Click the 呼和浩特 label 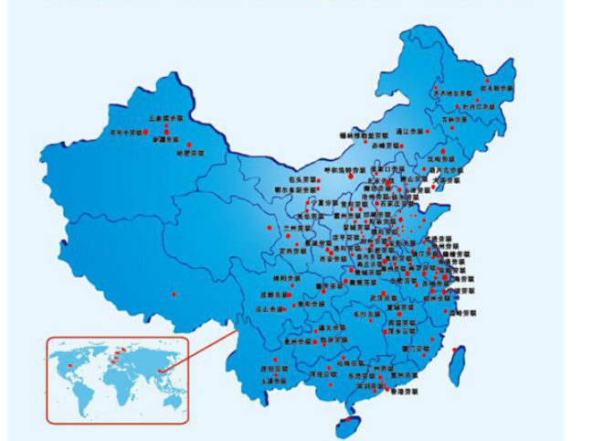click(x=345, y=170)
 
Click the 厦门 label click(x=414, y=349)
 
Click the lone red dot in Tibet click(x=172, y=294)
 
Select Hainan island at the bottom click(x=345, y=424)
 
